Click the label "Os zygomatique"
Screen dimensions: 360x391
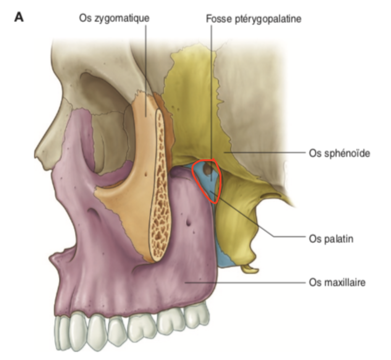114,18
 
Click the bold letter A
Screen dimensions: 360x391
19,17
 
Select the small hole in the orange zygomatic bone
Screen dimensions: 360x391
146,174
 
